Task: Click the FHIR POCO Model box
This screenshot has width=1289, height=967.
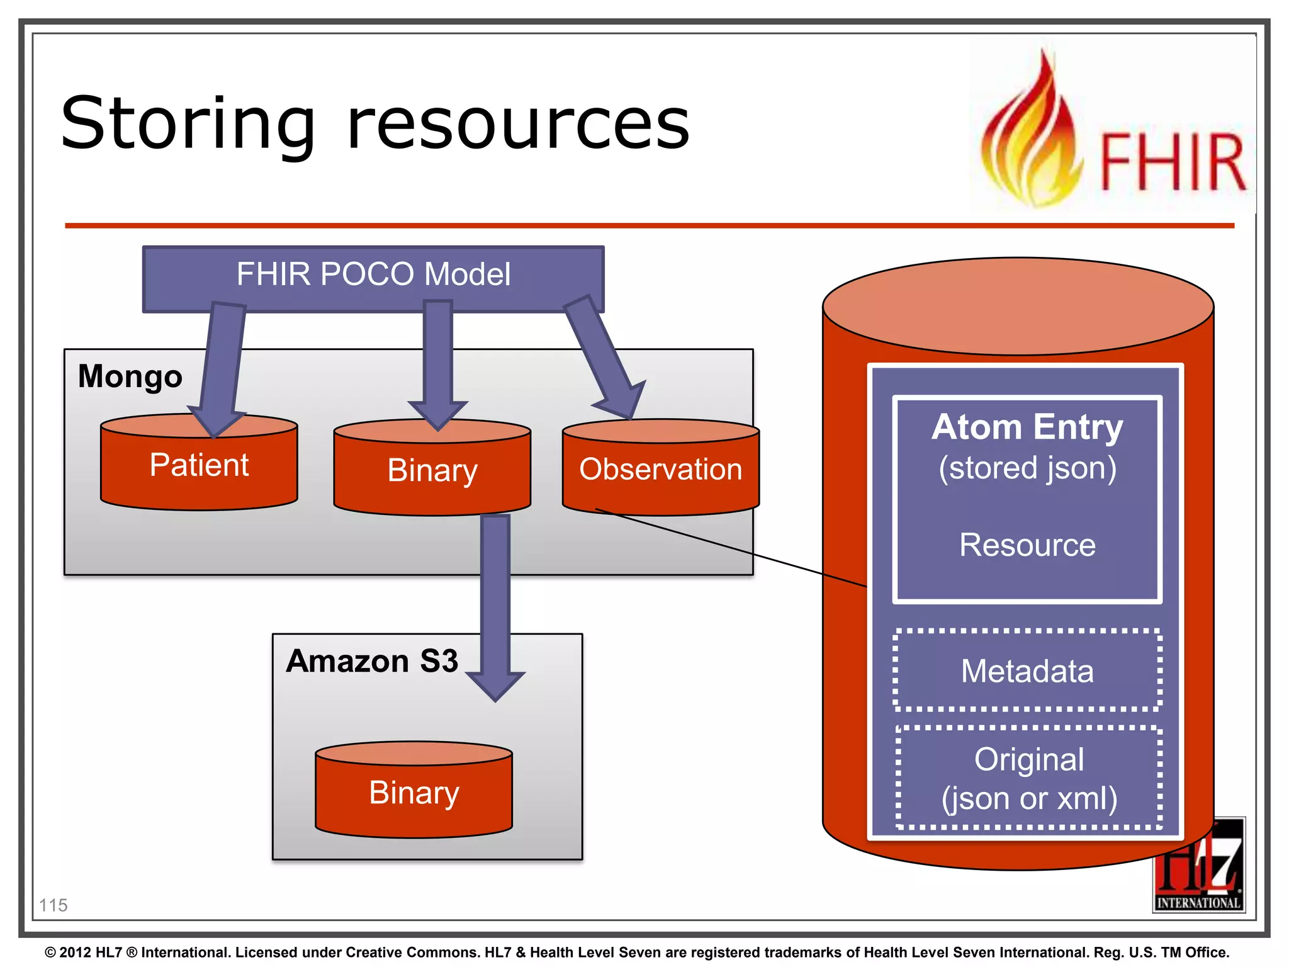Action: [x=373, y=275]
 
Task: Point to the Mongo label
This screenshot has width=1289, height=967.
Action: [x=130, y=376]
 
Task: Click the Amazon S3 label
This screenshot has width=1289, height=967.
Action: [x=371, y=661]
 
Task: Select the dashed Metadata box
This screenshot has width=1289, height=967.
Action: [x=1027, y=671]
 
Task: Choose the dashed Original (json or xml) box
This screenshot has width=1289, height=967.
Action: [x=1028, y=778]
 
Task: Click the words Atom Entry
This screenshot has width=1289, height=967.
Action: [x=1027, y=427]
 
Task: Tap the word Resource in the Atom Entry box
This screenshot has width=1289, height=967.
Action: [x=1027, y=545]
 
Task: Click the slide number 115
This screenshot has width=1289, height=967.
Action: [x=53, y=905]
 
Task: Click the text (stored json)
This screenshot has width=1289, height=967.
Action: [x=1027, y=468]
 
